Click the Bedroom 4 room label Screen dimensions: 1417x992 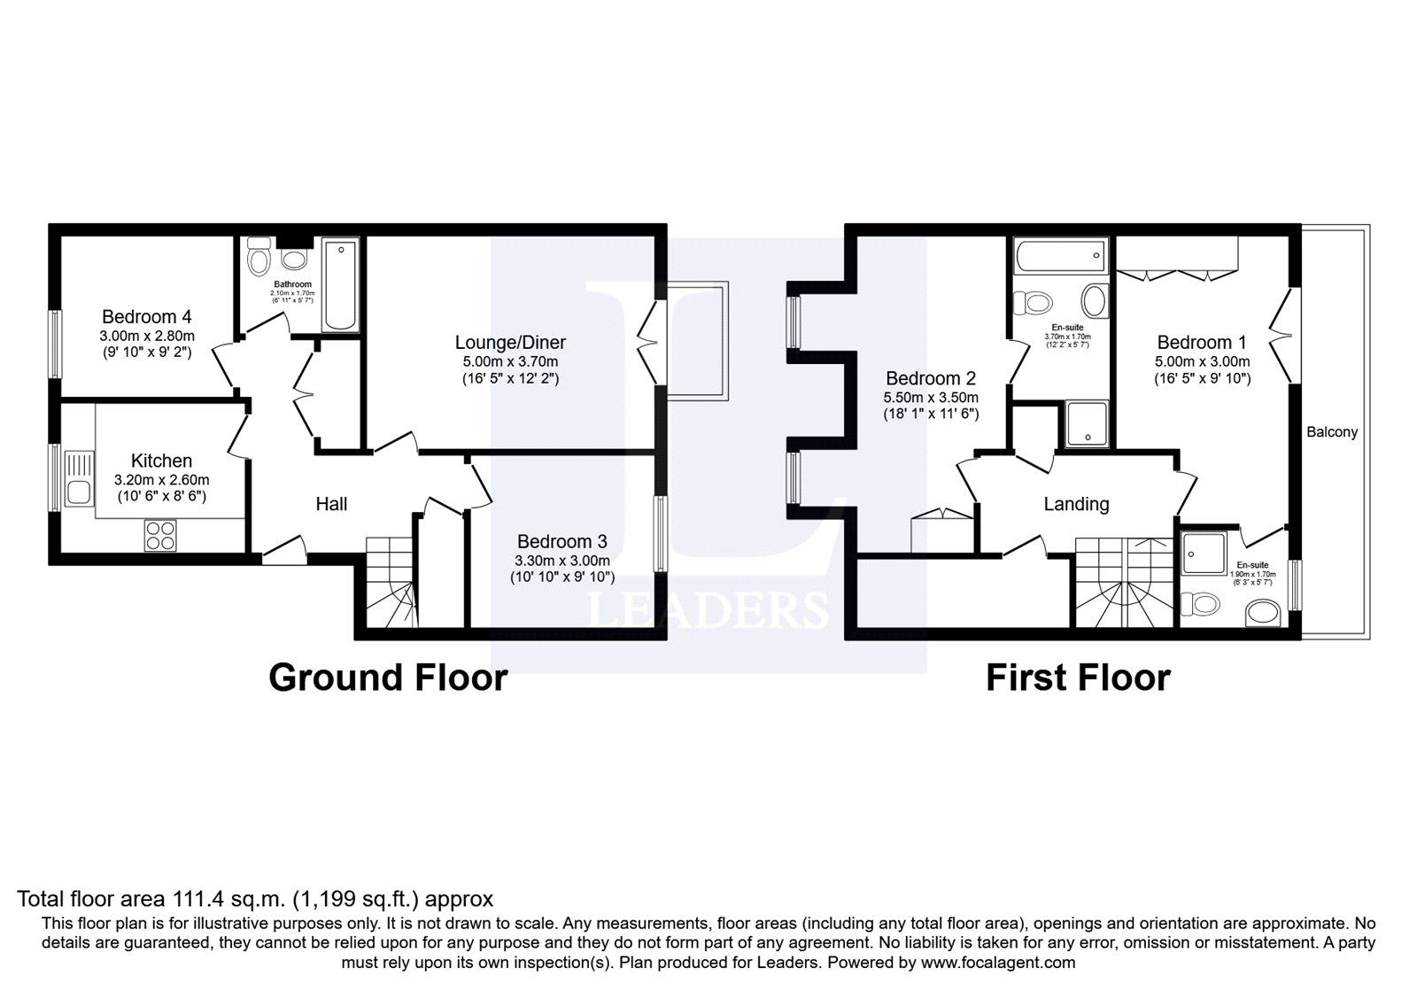(x=147, y=316)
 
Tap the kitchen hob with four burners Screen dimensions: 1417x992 (x=160, y=535)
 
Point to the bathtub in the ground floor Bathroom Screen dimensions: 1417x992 (x=340, y=284)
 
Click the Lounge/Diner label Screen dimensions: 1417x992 (x=510, y=342)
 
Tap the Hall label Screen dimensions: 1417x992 (x=331, y=504)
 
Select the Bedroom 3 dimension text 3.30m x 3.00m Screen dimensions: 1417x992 (x=561, y=561)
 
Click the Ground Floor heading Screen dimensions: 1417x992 (x=389, y=678)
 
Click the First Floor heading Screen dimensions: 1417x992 (x=1078, y=678)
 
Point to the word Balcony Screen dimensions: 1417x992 (x=1332, y=432)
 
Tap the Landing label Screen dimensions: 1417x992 (x=1077, y=504)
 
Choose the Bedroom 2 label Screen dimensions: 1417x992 (x=931, y=378)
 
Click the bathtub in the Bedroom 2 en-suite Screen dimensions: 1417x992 (x=1062, y=255)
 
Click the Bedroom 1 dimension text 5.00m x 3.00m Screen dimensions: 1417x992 (x=1202, y=362)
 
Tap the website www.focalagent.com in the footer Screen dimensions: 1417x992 (x=997, y=963)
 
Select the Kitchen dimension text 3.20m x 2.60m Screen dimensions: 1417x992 (x=161, y=480)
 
